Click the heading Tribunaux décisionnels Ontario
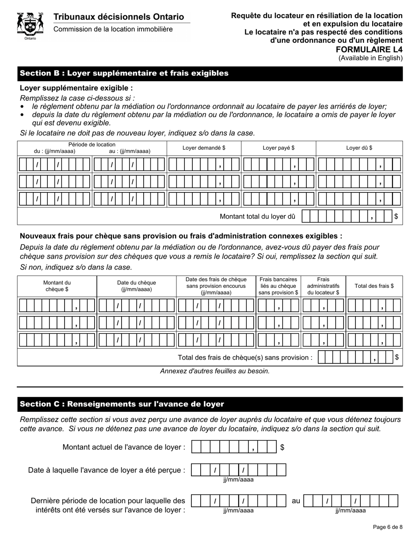tap(118, 17)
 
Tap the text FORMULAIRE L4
tap(375, 49)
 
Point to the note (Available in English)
tap(370, 58)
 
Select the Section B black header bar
tap(210, 73)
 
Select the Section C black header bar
tap(210, 404)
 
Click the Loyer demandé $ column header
tap(204, 148)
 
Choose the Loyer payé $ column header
tap(279, 148)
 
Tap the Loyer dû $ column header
tap(359, 148)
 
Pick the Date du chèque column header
tap(136, 286)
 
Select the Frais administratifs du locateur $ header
tap(323, 286)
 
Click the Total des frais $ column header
tap(374, 286)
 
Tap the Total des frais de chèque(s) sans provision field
tap(355, 357)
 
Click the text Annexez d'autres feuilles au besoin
tap(215, 371)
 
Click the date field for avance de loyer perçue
tap(238, 470)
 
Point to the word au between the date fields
tap(296, 501)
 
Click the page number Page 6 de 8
tap(387, 527)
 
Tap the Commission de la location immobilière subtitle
tap(113, 29)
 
